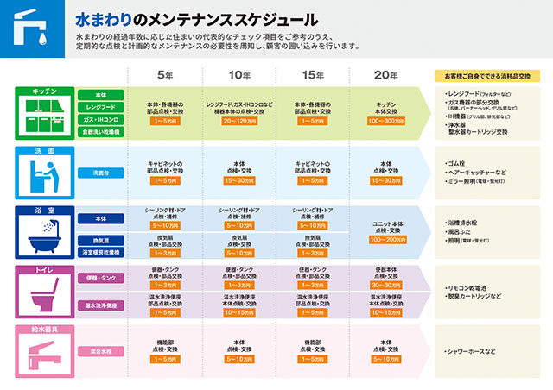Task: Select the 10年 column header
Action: (240, 74)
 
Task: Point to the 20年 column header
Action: (386, 74)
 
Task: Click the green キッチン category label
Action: (45, 91)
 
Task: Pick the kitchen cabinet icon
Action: (45, 117)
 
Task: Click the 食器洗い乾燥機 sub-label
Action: (102, 133)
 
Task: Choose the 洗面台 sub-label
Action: (102, 173)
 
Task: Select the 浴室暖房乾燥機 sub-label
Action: (102, 252)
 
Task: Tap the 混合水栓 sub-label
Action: (102, 350)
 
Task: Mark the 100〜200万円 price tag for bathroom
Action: (386, 239)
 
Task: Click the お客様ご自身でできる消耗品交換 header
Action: (487, 76)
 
